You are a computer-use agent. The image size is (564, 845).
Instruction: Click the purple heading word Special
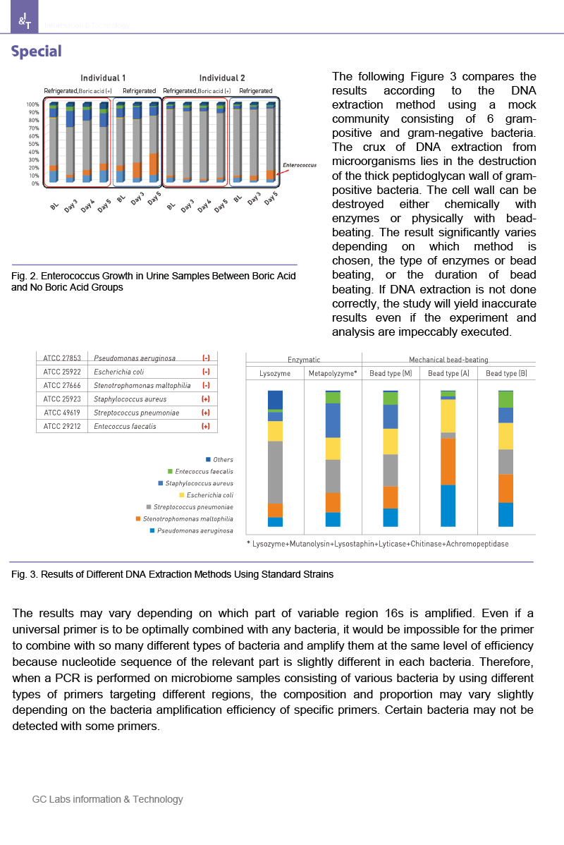tap(36, 51)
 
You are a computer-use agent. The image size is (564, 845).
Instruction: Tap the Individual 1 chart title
tap(103, 78)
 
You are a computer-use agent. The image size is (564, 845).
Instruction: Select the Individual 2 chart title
tap(221, 78)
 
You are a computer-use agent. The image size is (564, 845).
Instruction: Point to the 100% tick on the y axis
tap(33, 104)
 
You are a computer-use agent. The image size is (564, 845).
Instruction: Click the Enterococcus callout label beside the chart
tap(299, 165)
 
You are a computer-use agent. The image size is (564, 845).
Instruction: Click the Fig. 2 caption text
tap(154, 281)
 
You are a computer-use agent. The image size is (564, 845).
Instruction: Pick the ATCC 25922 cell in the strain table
tap(61, 372)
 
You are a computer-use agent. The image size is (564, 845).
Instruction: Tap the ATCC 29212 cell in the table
tap(61, 426)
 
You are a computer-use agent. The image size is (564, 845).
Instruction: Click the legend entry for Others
tap(223, 460)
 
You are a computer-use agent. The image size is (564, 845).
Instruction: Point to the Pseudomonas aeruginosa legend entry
tap(195, 530)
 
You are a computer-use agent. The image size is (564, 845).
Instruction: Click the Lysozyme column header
tap(275, 372)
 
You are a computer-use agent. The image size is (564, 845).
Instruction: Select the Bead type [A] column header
tap(448, 372)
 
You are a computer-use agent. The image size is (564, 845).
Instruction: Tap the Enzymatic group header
tap(304, 359)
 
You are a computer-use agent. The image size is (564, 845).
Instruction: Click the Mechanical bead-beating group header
tap(448, 359)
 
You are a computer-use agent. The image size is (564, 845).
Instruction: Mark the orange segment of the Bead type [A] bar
tap(448, 461)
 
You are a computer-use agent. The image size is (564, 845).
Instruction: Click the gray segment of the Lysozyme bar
tap(275, 471)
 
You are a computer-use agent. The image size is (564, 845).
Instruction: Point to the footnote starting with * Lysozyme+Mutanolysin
tap(377, 544)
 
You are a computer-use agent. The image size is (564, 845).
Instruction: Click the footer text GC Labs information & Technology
tap(107, 799)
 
